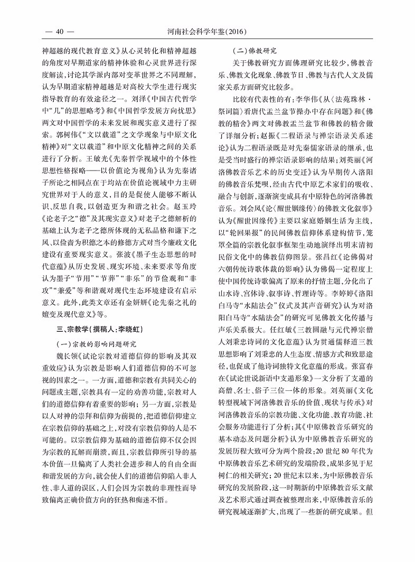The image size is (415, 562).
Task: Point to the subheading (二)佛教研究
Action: (250, 51)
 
